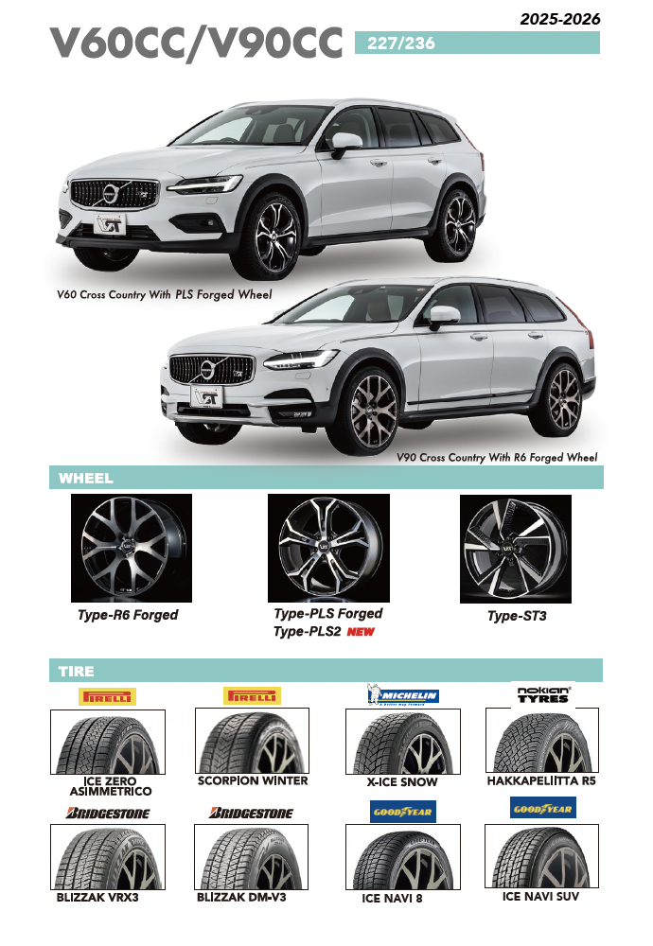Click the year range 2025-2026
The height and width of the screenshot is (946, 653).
[x=559, y=19]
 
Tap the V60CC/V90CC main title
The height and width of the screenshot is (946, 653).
[x=196, y=44]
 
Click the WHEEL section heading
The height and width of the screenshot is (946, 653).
[x=86, y=478]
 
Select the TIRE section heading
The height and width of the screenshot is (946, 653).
[x=77, y=671]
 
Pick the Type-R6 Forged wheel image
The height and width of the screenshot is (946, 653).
[x=132, y=548]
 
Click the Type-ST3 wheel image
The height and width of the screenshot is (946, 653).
[x=516, y=549]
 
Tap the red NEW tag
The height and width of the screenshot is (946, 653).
[x=361, y=632]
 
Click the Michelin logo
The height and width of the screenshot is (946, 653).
[x=403, y=695]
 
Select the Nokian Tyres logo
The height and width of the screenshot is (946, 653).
[x=543, y=693]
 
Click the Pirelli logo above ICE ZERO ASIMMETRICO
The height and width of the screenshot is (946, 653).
[x=107, y=696]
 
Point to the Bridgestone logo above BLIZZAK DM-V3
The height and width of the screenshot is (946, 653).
[x=251, y=813]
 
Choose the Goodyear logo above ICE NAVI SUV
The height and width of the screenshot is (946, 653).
[x=542, y=808]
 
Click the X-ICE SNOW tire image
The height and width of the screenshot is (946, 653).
[x=403, y=743]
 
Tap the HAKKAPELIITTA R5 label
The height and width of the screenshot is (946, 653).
[x=541, y=781]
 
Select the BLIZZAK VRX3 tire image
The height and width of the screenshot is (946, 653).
[x=107, y=856]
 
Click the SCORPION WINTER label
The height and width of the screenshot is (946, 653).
[x=253, y=781]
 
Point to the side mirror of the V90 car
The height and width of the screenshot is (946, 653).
[x=441, y=318]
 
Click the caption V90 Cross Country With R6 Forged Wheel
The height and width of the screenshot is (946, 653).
[x=497, y=458]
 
